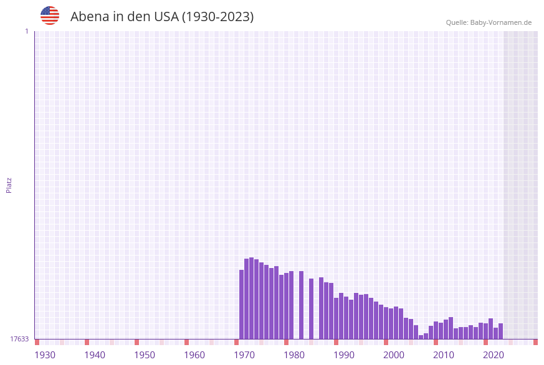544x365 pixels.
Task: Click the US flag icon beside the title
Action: [x=50, y=16]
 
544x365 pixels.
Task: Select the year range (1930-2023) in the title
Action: [x=217, y=17]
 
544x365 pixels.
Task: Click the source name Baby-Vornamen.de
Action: [x=502, y=22]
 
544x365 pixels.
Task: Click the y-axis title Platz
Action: [x=9, y=185]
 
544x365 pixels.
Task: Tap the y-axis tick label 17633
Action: [x=19, y=339]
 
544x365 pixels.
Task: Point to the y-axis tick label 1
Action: [x=26, y=31]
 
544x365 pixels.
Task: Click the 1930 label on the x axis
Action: [x=45, y=354]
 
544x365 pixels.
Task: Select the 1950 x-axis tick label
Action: [x=145, y=354]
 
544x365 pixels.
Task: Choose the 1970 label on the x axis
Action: [x=244, y=354]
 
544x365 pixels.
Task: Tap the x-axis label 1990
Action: [x=344, y=354]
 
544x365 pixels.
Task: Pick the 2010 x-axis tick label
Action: [x=444, y=354]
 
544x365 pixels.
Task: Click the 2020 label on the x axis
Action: [x=494, y=354]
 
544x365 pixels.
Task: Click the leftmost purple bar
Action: [x=242, y=305]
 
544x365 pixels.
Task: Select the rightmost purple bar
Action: [x=500, y=331]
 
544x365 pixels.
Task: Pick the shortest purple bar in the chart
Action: [x=421, y=337]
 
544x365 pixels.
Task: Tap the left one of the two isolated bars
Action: [x=301, y=305]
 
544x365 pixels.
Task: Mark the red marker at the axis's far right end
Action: [x=535, y=342]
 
